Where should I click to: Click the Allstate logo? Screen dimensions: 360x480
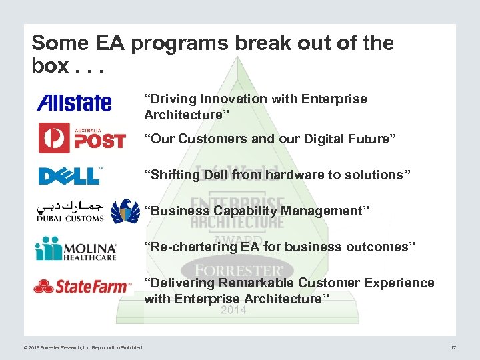coord(74,103)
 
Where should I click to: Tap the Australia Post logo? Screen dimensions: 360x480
coord(81,138)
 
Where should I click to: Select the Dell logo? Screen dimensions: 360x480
coord(69,175)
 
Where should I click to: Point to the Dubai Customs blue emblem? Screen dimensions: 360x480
coord(125,211)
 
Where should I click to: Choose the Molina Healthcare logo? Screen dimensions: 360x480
coord(76,249)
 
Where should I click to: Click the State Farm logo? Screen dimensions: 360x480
coord(82,287)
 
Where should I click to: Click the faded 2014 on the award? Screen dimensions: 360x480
coord(233,310)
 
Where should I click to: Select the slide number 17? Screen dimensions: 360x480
coord(453,347)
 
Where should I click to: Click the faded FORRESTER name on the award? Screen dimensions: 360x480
coord(233,271)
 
